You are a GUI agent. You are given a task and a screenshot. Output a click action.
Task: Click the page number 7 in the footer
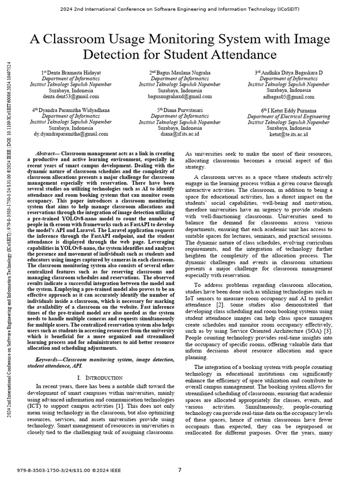pos(180,470)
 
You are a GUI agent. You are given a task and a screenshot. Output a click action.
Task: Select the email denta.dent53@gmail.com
pos(71,97)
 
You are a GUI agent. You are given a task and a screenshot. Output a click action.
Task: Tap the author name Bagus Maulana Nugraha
pos(180,73)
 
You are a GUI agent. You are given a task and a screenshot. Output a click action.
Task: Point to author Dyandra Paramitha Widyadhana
pos(71,110)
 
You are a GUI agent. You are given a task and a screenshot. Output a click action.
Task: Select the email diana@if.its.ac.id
pos(180,134)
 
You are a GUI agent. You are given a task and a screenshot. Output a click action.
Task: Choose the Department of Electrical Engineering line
pos(288,116)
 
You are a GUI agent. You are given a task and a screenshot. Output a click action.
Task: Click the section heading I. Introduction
pos(99,377)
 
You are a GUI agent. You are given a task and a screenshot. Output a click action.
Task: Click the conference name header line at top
pos(180,9)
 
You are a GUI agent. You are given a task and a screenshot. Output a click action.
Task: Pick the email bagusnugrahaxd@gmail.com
pos(180,97)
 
